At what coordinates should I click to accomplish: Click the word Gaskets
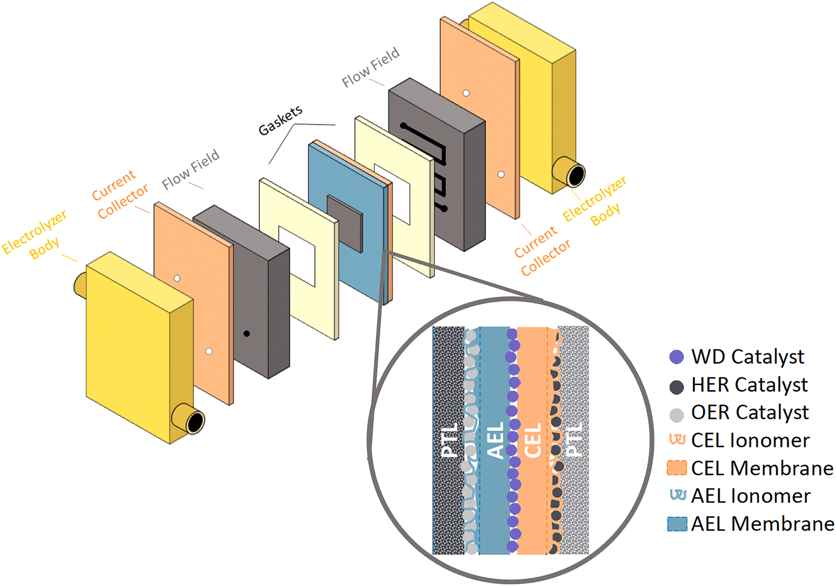[280, 120]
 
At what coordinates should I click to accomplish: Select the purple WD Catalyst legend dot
[676, 357]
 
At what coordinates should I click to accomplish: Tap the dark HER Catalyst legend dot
[676, 387]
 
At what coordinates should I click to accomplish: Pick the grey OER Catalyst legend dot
[676, 415]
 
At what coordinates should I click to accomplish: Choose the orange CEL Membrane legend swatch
[677, 468]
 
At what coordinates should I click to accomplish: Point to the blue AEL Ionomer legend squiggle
[678, 495]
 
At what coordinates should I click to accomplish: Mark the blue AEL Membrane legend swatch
[677, 524]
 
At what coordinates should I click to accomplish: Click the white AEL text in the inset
[496, 440]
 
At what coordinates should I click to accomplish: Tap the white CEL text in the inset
[533, 440]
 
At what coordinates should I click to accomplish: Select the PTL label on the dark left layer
[449, 440]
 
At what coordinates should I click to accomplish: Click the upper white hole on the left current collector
[177, 278]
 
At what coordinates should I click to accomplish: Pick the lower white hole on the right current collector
[501, 174]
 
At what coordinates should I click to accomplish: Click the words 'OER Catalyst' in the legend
[750, 413]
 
